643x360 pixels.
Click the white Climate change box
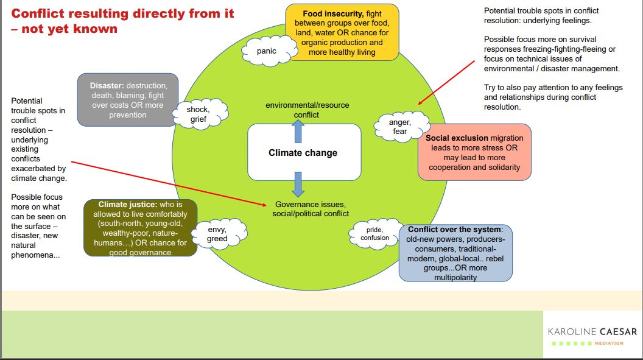click(x=303, y=152)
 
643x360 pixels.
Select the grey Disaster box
click(x=128, y=101)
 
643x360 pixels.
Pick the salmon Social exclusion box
click(x=474, y=152)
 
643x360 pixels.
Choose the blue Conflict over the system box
click(x=455, y=253)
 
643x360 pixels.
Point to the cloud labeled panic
click(x=267, y=51)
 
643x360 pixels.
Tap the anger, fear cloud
click(x=399, y=127)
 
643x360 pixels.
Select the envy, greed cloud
click(x=217, y=234)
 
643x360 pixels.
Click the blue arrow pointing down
click(x=298, y=183)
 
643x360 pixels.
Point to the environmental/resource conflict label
click(x=307, y=110)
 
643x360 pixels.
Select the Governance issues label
click(x=311, y=209)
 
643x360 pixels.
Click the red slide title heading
click(x=122, y=21)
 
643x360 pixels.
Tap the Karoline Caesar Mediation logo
click(x=592, y=335)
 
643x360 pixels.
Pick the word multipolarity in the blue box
click(x=455, y=277)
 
